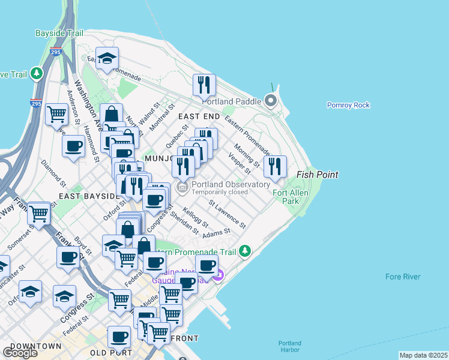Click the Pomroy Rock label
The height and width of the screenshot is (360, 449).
pyautogui.click(x=348, y=105)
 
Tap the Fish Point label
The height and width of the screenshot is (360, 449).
pyautogui.click(x=318, y=175)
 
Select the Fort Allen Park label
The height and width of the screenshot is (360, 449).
pyautogui.click(x=286, y=197)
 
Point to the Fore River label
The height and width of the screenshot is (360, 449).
pyautogui.click(x=403, y=277)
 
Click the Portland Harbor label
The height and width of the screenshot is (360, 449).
pyautogui.click(x=290, y=347)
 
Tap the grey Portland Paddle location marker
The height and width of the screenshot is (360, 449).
pyautogui.click(x=270, y=101)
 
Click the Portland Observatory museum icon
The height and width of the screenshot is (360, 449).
pyautogui.click(x=183, y=188)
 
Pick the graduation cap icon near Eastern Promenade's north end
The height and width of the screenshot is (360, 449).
pyautogui.click(x=107, y=58)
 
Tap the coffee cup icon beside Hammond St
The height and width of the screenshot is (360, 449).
pyautogui.click(x=74, y=146)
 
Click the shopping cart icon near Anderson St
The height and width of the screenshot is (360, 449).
pyautogui.click(x=56, y=113)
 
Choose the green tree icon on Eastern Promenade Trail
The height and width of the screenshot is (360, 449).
pyautogui.click(x=245, y=251)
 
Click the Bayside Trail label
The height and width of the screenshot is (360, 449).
pyautogui.click(x=59, y=33)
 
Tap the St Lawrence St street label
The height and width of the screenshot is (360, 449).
pyautogui.click(x=227, y=214)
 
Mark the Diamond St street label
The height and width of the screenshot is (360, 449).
pyautogui.click(x=53, y=172)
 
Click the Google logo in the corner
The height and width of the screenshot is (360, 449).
pyautogui.click(x=20, y=353)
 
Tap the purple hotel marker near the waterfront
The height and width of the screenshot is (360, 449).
pyautogui.click(x=219, y=275)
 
